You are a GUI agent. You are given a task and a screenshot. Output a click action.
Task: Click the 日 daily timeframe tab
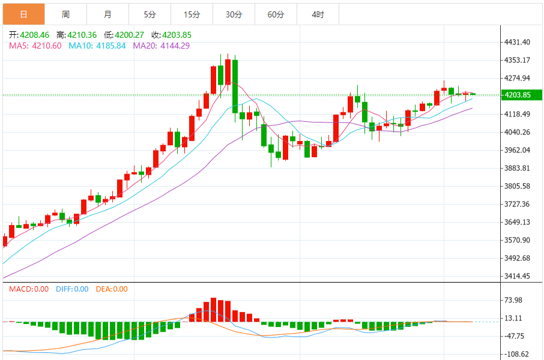tap(23, 14)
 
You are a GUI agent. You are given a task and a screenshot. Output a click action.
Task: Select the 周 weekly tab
tap(65, 14)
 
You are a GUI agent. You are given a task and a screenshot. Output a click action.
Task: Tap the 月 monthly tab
tap(107, 14)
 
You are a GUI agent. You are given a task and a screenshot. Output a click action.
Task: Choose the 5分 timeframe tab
tap(150, 14)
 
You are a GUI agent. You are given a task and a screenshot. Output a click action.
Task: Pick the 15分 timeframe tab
tap(192, 14)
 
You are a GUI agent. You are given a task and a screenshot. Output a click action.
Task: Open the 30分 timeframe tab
tap(234, 14)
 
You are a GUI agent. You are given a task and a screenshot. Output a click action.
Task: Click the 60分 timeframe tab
tap(276, 14)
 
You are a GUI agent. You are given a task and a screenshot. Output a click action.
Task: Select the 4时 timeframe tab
tap(318, 14)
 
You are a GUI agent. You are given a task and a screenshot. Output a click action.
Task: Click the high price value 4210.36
tap(81, 35)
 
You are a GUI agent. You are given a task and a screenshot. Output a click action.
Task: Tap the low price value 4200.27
tap(128, 35)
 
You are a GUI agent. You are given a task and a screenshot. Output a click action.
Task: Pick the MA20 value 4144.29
tap(175, 46)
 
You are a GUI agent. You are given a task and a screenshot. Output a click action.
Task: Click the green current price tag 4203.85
tap(521, 95)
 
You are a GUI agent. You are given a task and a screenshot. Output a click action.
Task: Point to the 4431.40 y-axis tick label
tap(518, 42)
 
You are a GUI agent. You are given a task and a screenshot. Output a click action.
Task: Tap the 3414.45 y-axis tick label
tap(518, 276)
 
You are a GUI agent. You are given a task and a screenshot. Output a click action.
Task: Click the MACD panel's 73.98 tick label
tap(514, 300)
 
